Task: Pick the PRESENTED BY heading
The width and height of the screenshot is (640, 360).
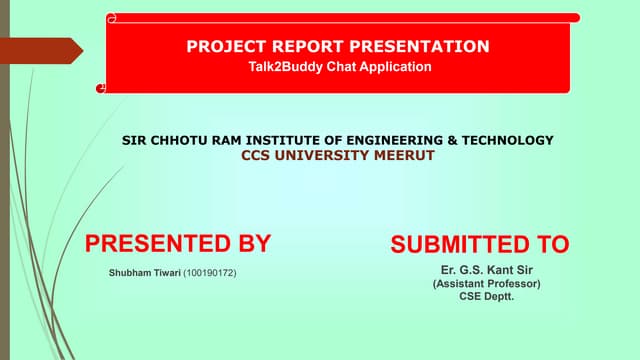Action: click(178, 243)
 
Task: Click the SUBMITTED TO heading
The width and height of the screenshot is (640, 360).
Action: click(479, 244)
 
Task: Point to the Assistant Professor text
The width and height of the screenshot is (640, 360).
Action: click(486, 284)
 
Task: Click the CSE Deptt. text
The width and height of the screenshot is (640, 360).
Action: click(486, 297)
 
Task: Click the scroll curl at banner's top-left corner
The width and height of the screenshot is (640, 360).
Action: click(112, 18)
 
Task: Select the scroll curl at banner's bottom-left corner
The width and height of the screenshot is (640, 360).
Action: click(101, 89)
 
